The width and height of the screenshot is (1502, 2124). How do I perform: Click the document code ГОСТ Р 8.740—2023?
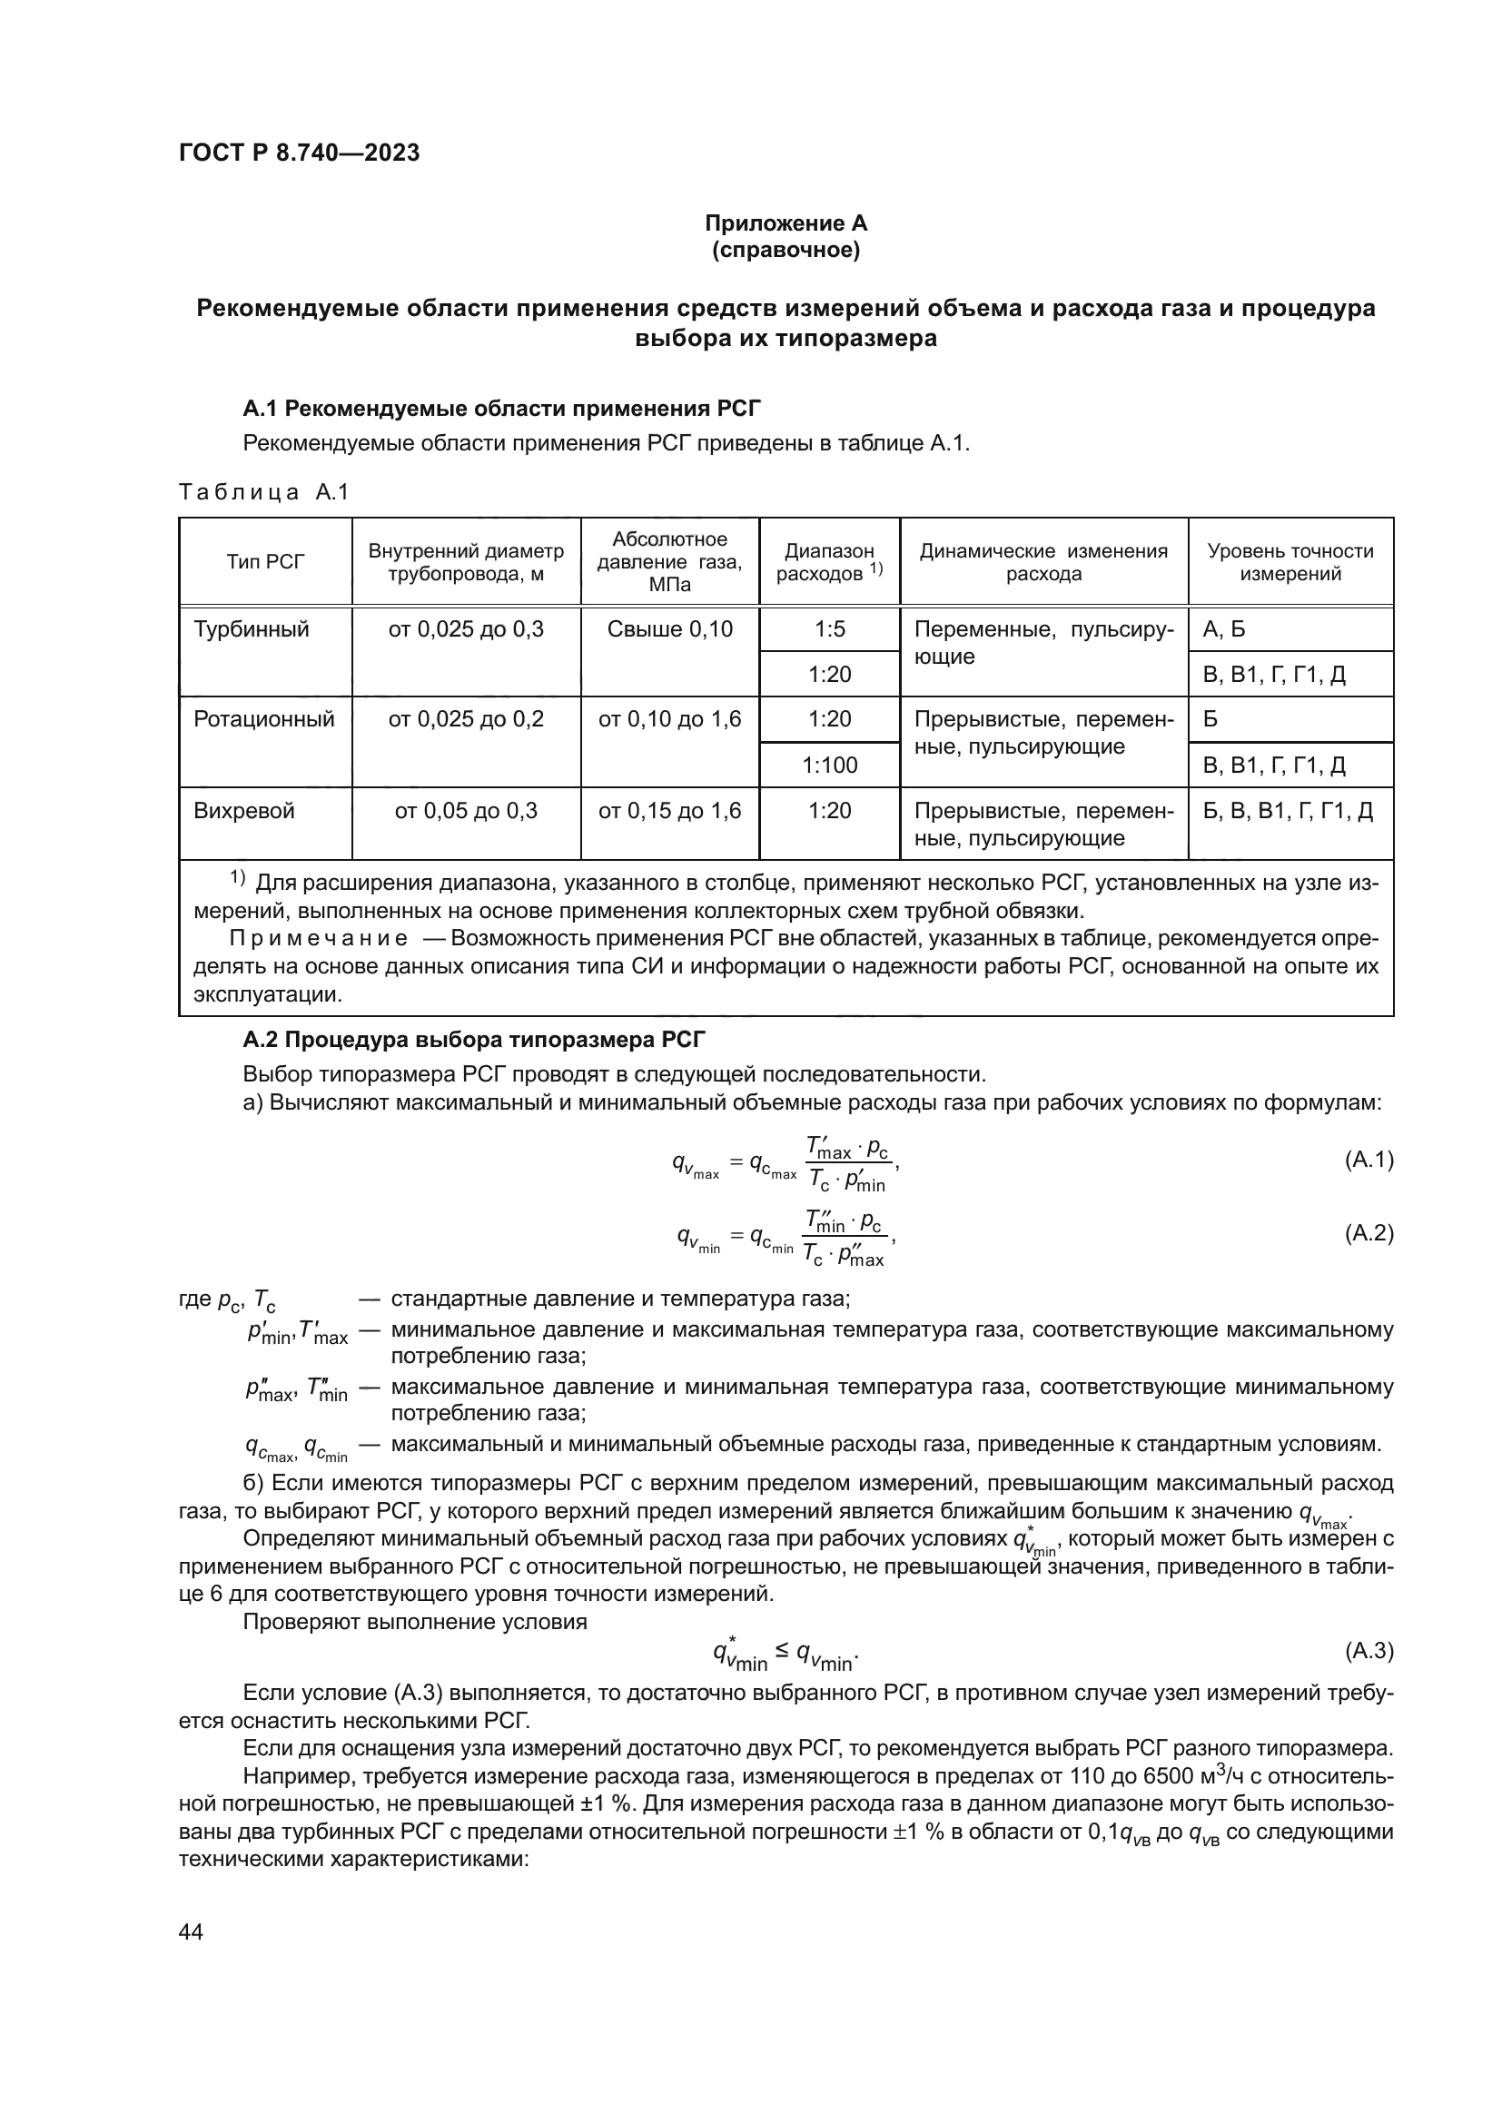pyautogui.click(x=299, y=153)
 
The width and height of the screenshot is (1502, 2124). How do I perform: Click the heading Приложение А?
pyautogui.click(x=786, y=223)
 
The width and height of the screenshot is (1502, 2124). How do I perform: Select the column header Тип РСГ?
pyautogui.click(x=265, y=562)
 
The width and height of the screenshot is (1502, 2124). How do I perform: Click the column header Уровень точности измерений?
pyautogui.click(x=1290, y=562)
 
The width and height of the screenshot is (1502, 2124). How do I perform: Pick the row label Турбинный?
pyautogui.click(x=252, y=630)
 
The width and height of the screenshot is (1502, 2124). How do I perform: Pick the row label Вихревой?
pyautogui.click(x=244, y=811)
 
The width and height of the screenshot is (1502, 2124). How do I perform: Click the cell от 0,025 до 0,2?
pyautogui.click(x=466, y=720)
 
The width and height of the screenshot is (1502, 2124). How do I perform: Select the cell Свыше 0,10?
pyautogui.click(x=669, y=630)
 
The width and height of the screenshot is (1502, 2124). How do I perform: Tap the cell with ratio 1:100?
pyautogui.click(x=830, y=765)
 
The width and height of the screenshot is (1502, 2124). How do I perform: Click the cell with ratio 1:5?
pyautogui.click(x=830, y=630)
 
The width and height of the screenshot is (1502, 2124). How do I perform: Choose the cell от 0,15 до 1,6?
pyautogui.click(x=669, y=811)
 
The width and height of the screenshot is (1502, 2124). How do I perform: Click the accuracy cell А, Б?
pyautogui.click(x=1223, y=630)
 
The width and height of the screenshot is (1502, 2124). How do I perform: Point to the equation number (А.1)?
pyautogui.click(x=1368, y=1160)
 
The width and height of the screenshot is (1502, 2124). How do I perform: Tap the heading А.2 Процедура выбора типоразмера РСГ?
pyautogui.click(x=473, y=1040)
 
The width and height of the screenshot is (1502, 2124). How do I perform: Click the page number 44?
pyautogui.click(x=191, y=1931)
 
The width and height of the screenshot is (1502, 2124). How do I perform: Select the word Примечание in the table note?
pyautogui.click(x=318, y=939)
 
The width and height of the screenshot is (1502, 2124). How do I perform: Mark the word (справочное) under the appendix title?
pyautogui.click(x=786, y=251)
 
